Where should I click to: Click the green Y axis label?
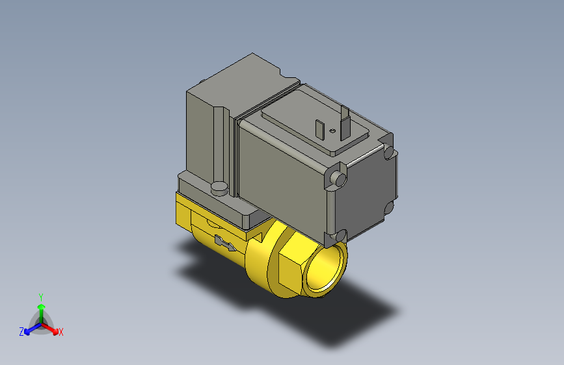coord(41,296)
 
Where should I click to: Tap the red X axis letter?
coord(61,332)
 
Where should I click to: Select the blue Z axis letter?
coord(21,331)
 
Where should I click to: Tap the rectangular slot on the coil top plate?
coord(320,129)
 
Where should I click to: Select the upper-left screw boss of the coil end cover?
coord(337,178)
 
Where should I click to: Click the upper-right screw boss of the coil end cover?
coord(390,154)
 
